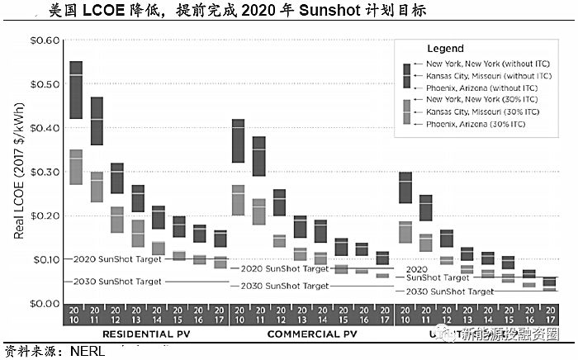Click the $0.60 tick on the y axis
pyautogui.click(x=45, y=40)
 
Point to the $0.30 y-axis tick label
pyautogui.click(x=45, y=172)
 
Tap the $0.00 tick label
pyautogui.click(x=45, y=303)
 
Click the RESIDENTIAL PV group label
pyautogui.click(x=148, y=334)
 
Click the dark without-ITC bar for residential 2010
pyautogui.click(x=75, y=89)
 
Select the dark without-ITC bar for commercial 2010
pyautogui.click(x=238, y=140)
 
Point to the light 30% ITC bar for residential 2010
pyautogui.click(x=75, y=167)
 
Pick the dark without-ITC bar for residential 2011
pyautogui.click(x=97, y=121)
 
